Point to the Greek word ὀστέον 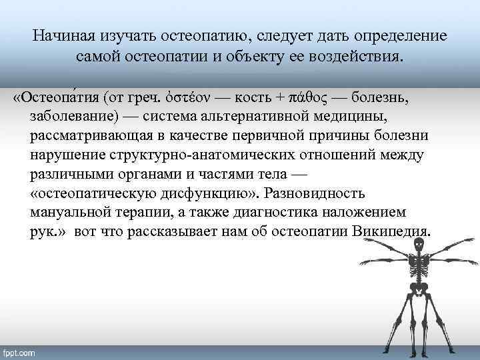pos(187,99)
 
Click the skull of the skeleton pos(419,246)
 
